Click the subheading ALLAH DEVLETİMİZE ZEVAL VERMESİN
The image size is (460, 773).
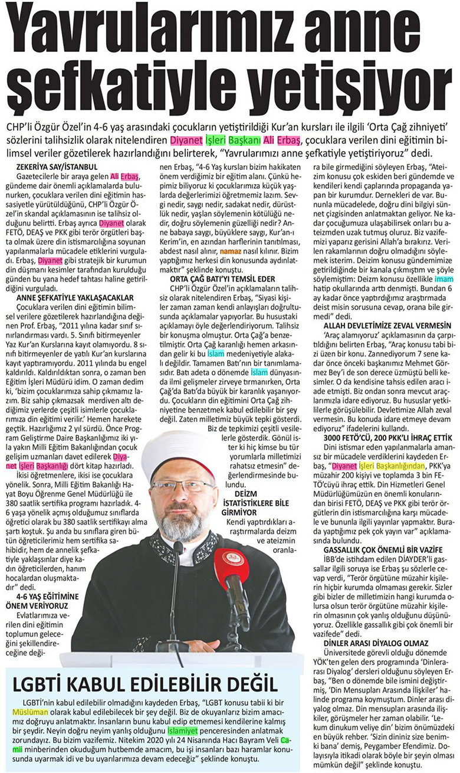click(x=383, y=325)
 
